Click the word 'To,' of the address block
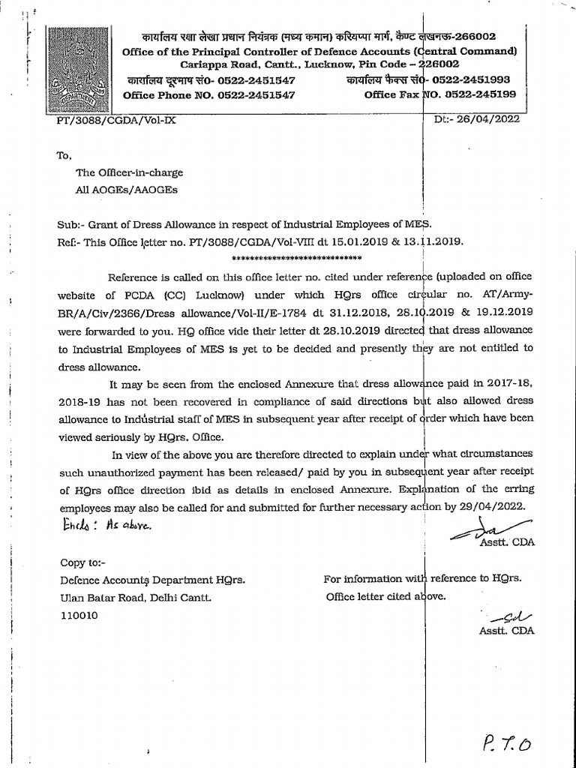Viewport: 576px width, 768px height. pyautogui.click(x=64, y=155)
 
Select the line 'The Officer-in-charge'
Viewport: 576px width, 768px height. pyautogui.click(x=129, y=172)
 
